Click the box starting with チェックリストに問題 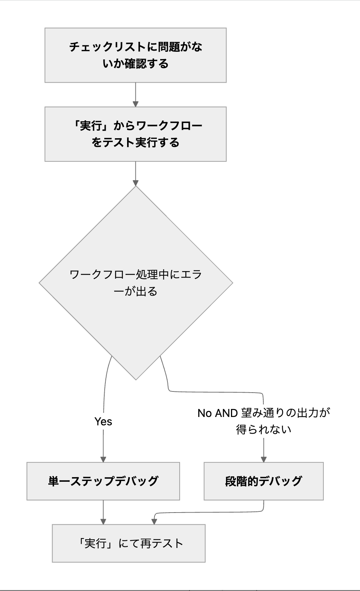[x=135, y=55]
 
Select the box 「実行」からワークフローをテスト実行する [x=135, y=134]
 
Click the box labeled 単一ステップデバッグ [x=103, y=481]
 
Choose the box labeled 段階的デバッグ [x=263, y=481]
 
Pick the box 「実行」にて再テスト [x=129, y=543]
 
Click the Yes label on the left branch [x=103, y=422]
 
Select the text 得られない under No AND [x=263, y=430]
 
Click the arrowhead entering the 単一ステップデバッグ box [x=103, y=459]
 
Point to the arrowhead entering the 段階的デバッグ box [x=263, y=459]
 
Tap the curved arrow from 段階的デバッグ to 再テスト [x=209, y=513]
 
